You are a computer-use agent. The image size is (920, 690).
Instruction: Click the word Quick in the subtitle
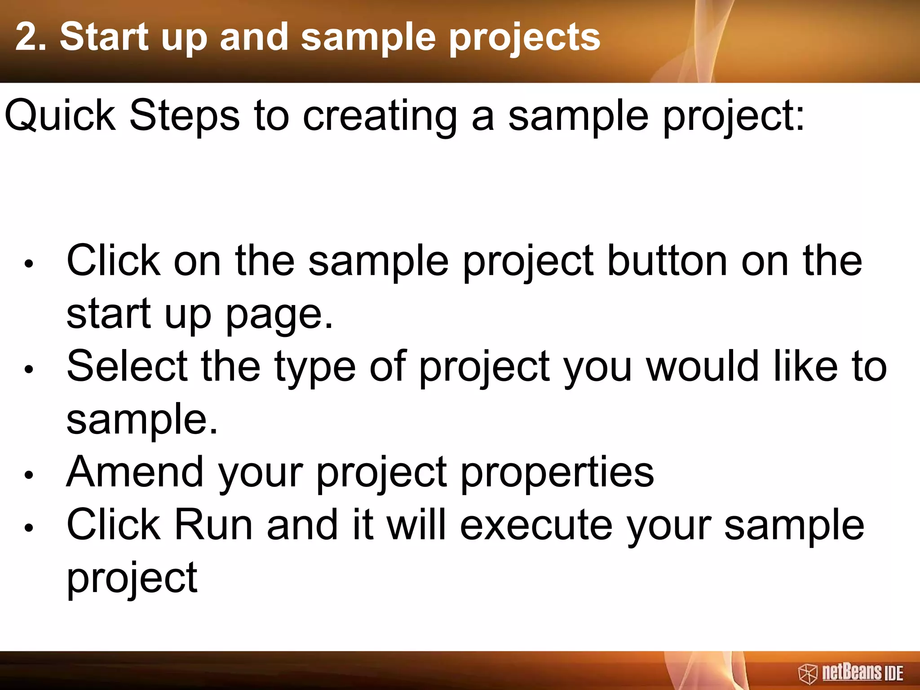pyautogui.click(x=60, y=116)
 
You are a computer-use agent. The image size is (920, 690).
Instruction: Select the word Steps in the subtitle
pyautogui.click(x=184, y=116)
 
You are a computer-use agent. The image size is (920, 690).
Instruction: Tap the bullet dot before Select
pyautogui.click(x=29, y=369)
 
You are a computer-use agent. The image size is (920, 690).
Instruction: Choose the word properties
pyautogui.click(x=557, y=474)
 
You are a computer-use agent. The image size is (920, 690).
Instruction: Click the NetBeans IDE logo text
pyautogui.click(x=862, y=673)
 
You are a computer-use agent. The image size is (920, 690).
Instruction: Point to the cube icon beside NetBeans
pyautogui.click(x=807, y=674)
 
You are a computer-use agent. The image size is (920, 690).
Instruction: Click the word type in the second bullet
pyautogui.click(x=315, y=368)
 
